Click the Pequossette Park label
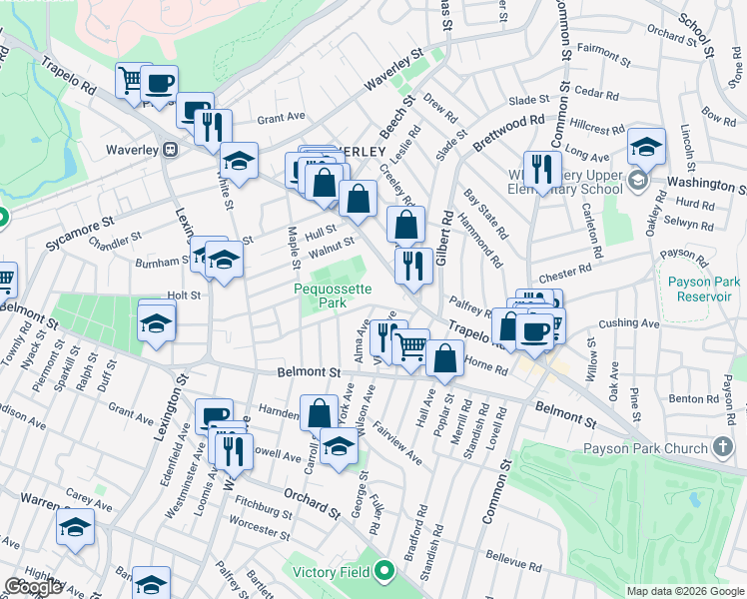[x=333, y=296]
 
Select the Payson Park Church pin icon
[x=724, y=448]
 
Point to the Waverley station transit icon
[x=171, y=150]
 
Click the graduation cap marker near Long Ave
[x=646, y=147]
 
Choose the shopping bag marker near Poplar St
[x=445, y=358]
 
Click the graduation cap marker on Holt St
[x=156, y=323]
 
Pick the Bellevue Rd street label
[x=514, y=560]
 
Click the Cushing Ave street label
[x=629, y=323]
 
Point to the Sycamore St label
[x=79, y=231]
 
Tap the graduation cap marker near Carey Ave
[x=75, y=527]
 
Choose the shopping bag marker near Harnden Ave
[x=320, y=411]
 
